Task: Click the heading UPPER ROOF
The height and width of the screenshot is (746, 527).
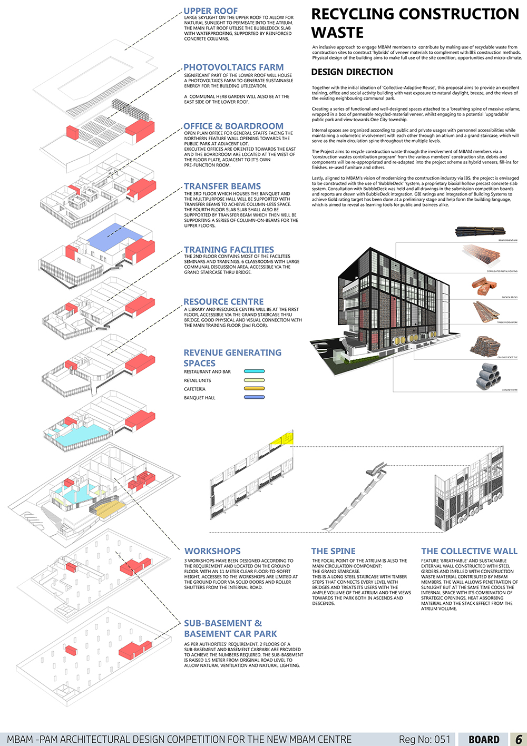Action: tap(210, 11)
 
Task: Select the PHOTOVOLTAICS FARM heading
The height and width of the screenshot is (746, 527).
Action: tap(233, 67)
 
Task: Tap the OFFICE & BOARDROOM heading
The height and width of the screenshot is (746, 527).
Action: tap(233, 126)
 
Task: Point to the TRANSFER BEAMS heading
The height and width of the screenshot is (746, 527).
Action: tap(222, 186)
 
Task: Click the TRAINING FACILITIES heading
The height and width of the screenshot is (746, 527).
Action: tap(229, 250)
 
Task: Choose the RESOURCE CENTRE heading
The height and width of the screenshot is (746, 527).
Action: tap(223, 302)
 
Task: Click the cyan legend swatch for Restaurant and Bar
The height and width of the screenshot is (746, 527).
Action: tap(254, 371)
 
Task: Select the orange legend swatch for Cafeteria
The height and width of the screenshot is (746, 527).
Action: tap(254, 389)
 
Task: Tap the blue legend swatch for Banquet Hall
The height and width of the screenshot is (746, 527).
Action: tap(254, 398)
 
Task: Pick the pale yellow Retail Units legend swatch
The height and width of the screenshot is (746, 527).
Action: tap(254, 380)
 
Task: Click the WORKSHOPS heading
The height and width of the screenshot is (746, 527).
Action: tap(212, 552)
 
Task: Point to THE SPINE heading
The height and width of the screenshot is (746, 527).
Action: tap(333, 552)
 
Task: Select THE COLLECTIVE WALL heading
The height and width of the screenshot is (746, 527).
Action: tap(469, 552)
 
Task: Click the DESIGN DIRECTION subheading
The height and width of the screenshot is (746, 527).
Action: tap(352, 72)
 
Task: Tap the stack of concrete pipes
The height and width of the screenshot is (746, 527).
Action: tap(489, 376)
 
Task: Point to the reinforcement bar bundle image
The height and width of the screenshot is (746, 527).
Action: tap(480, 231)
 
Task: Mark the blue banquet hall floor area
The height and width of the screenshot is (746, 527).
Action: tap(114, 234)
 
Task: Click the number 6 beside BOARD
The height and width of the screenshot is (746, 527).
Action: tap(519, 739)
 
